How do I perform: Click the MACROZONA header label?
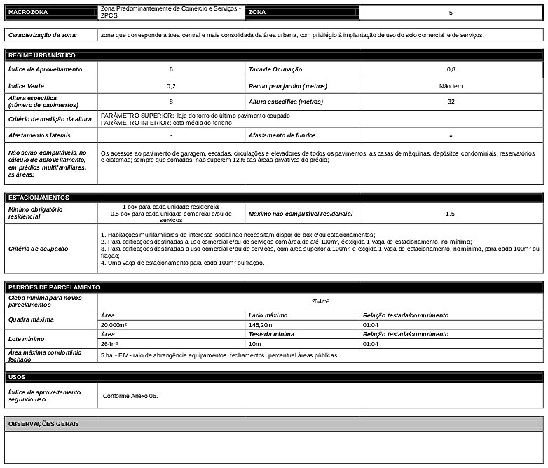28,13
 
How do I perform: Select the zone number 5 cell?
451,13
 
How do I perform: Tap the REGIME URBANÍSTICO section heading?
41,55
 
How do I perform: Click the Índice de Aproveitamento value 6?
171,69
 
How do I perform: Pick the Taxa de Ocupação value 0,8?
451,69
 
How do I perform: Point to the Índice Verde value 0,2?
171,85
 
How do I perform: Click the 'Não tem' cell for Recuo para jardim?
451,85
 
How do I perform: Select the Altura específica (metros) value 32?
451,102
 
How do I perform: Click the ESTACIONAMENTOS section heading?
39,198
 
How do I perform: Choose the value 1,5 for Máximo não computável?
451,213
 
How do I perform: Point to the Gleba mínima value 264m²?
320,301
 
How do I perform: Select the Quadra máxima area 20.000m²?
114,325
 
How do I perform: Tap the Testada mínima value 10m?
254,344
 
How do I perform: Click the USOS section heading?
17,377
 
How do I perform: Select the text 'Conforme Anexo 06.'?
130,395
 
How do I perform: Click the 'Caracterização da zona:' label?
42,34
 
